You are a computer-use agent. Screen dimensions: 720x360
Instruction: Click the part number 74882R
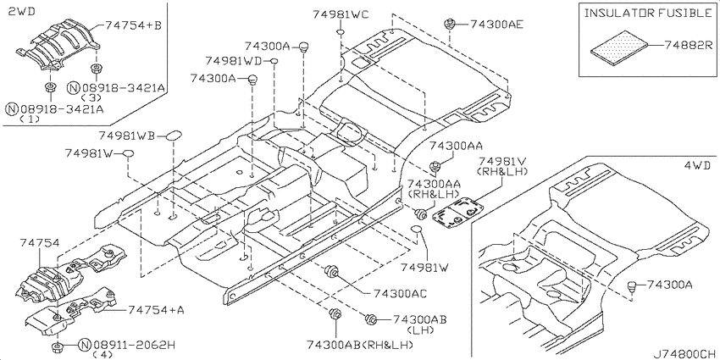688,45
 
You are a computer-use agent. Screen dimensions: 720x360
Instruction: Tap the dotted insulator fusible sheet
619,46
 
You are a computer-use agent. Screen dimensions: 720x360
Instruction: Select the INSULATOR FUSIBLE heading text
647,13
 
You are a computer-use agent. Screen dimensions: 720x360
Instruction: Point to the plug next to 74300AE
449,24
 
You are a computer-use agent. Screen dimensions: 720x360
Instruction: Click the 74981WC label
341,14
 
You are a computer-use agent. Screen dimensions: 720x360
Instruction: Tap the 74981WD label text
233,61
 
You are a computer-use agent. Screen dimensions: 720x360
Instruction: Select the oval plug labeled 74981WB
174,136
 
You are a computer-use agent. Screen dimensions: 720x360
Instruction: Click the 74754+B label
133,25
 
